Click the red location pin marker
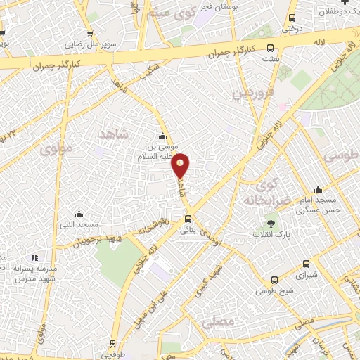click(181, 165)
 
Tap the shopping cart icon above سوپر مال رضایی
click(90, 33)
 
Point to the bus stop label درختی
click(291, 30)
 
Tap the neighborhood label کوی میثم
click(168, 11)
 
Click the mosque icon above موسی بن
click(163, 136)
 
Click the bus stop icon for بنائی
click(187, 219)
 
